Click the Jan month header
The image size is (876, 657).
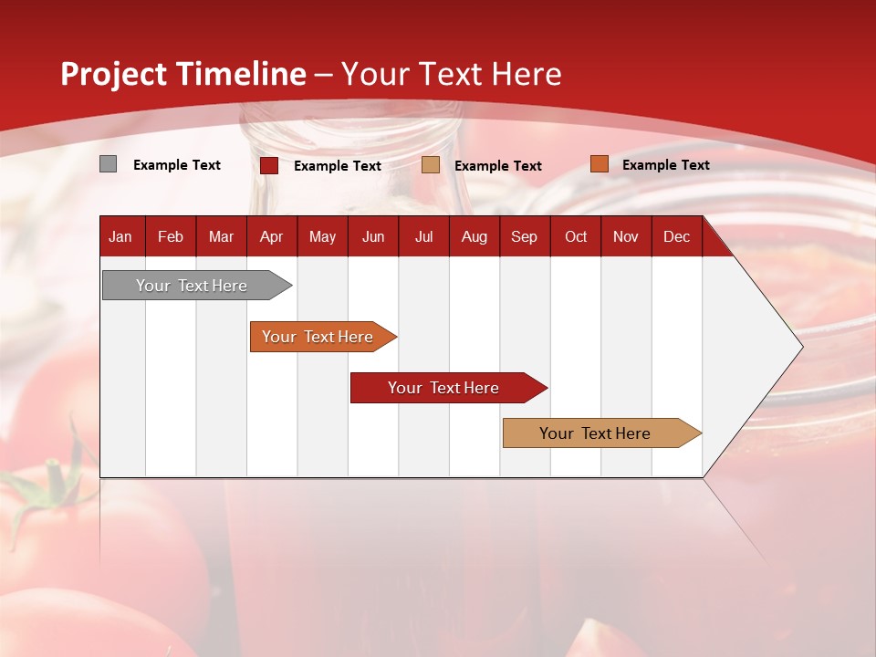pyautogui.click(x=120, y=236)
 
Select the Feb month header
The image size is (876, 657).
pyautogui.click(x=171, y=236)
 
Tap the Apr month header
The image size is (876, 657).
pyautogui.click(x=271, y=236)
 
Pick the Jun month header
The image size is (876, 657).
pyautogui.click(x=373, y=236)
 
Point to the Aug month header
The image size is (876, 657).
pyautogui.click(x=474, y=236)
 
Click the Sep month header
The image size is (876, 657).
pyautogui.click(x=524, y=236)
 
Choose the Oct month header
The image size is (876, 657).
pyautogui.click(x=576, y=236)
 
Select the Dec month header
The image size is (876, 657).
pyautogui.click(x=676, y=236)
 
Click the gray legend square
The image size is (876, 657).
pyautogui.click(x=108, y=164)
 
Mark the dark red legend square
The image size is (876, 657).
pyautogui.click(x=269, y=165)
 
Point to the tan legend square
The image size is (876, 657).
pyautogui.click(x=431, y=165)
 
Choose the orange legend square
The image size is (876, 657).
pyautogui.click(x=599, y=164)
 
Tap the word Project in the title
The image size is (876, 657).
pyautogui.click(x=113, y=74)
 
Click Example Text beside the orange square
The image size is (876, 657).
pyautogui.click(x=665, y=165)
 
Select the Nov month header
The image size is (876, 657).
pyautogui.click(x=626, y=236)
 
